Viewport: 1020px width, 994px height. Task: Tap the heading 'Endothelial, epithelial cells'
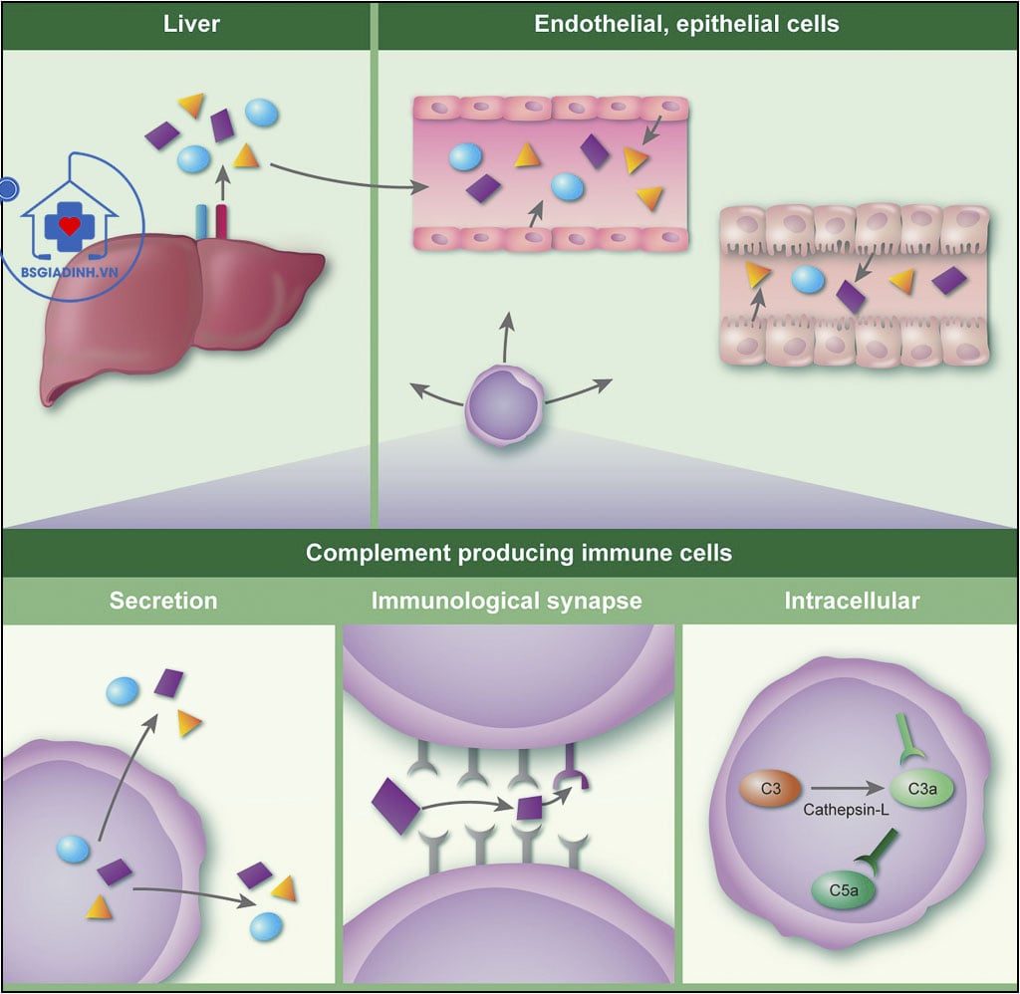pos(686,24)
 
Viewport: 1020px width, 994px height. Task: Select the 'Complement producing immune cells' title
pos(518,553)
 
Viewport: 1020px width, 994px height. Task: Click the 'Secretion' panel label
pos(163,601)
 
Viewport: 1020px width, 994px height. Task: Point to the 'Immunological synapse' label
pos(506,601)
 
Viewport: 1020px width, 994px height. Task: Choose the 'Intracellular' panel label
pos(852,601)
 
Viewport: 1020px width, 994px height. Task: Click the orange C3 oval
pos(769,789)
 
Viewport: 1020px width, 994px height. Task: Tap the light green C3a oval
pos(922,789)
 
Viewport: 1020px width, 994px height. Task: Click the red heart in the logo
pos(69,226)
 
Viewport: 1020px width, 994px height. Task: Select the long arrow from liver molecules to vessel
pos(349,179)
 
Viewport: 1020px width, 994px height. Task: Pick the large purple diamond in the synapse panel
pos(395,806)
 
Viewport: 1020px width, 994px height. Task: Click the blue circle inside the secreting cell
pos(73,849)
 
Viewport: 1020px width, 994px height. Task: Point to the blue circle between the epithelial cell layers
pos(808,280)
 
